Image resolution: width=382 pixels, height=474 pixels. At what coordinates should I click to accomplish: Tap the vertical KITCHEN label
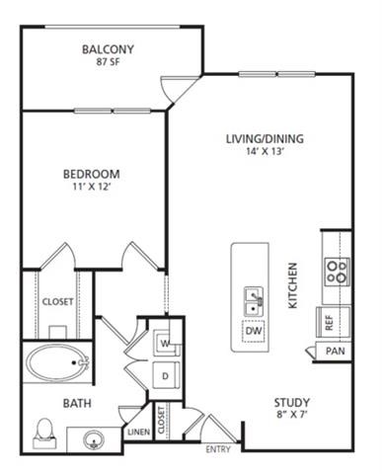[293, 285]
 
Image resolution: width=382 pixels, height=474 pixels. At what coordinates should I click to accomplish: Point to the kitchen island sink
[252, 298]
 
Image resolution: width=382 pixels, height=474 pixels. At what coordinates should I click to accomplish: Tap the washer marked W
[165, 343]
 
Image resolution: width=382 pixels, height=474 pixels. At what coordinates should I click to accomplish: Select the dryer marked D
[165, 376]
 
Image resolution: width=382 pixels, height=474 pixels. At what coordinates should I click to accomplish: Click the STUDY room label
[292, 402]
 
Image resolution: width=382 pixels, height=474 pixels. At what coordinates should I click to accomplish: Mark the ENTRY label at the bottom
[218, 449]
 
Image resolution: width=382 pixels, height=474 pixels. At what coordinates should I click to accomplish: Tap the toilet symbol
[43, 431]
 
